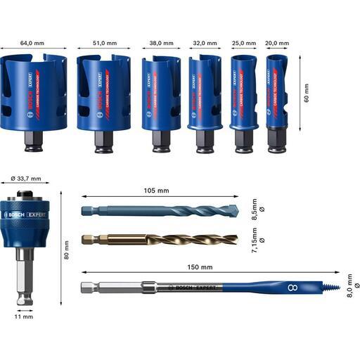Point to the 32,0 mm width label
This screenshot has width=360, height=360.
(x=205, y=43)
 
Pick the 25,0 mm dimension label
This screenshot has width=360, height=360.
(x=244, y=43)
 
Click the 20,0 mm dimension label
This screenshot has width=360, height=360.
(x=279, y=43)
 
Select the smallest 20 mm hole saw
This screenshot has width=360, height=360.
(x=279, y=95)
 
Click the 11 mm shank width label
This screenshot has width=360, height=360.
(x=22, y=317)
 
